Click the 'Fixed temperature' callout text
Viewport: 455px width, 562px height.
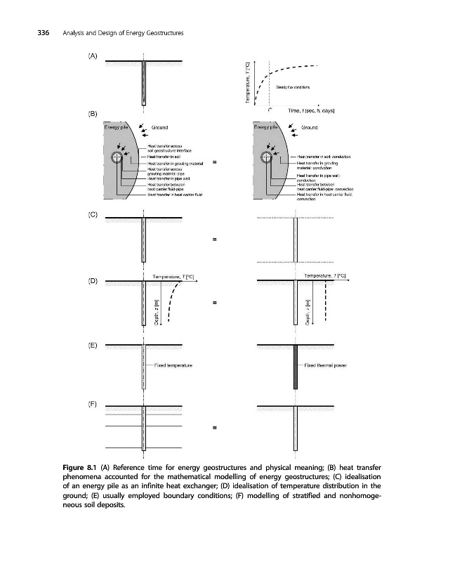173,366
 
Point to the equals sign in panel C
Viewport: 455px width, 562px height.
213,241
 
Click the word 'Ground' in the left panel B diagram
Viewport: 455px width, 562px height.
161,128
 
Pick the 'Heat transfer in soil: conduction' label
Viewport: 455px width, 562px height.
324,157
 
